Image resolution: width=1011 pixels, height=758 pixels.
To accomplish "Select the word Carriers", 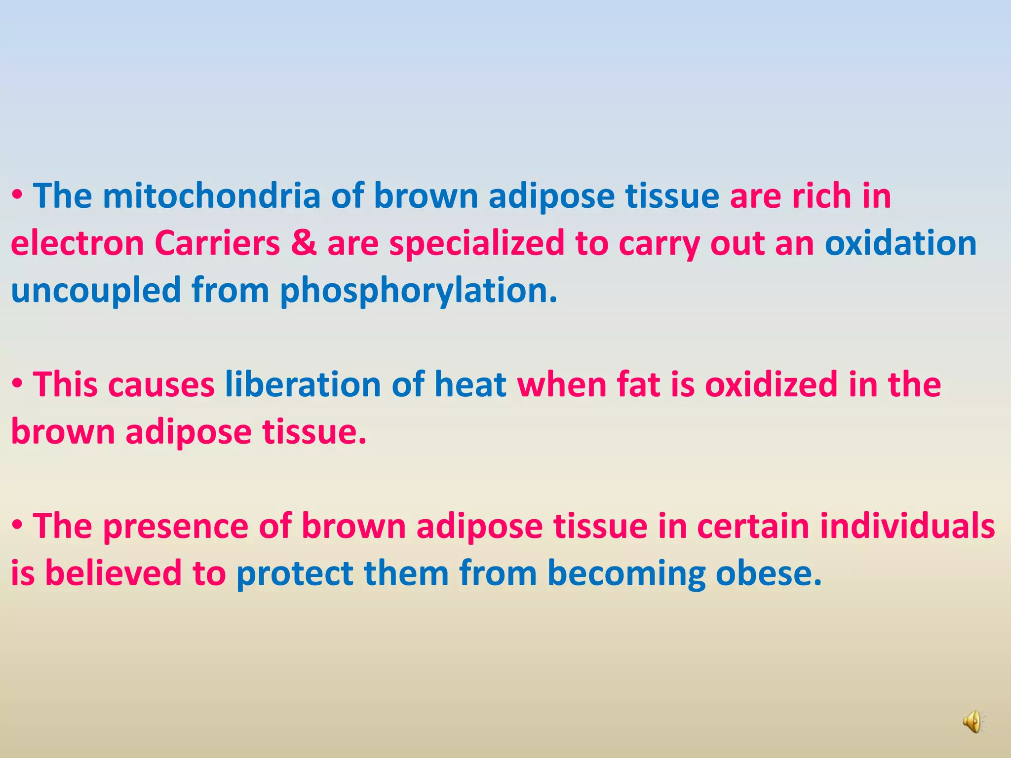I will click(217, 243).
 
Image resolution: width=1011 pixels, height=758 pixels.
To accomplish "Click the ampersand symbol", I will click(304, 243).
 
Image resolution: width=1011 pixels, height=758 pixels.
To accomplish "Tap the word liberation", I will click(303, 384).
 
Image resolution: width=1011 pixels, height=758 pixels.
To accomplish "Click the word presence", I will click(175, 526).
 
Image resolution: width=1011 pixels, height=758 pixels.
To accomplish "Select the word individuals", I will click(907, 526).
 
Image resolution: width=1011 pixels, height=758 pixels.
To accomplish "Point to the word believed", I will click(113, 573).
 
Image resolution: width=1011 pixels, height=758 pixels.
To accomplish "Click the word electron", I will click(77, 243).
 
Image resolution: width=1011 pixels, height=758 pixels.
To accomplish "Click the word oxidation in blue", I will click(900, 243).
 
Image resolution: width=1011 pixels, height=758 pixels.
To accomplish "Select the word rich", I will click(821, 196).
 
